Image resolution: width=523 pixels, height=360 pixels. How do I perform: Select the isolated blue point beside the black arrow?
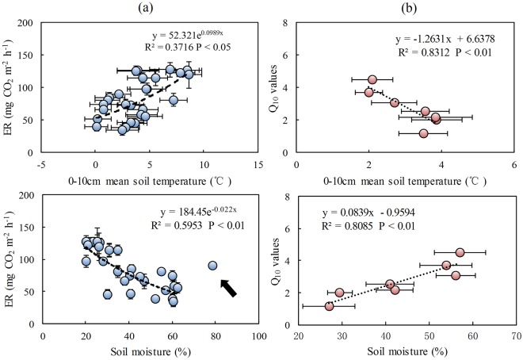[212, 266]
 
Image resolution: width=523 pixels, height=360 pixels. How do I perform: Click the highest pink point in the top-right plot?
[372, 79]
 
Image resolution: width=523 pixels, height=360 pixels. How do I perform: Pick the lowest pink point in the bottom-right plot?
[329, 306]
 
